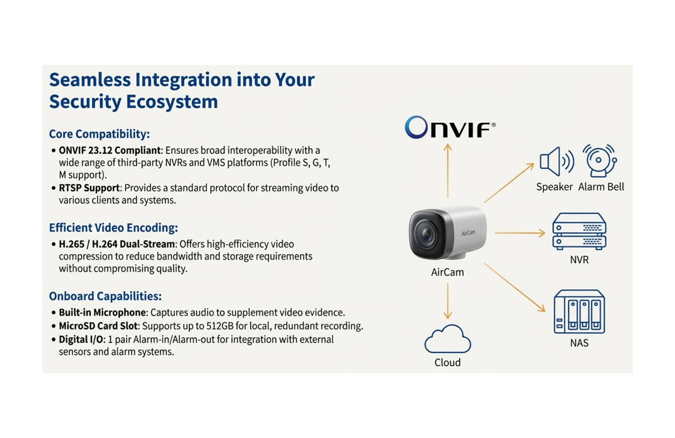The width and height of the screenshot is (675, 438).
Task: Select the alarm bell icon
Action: [600, 160]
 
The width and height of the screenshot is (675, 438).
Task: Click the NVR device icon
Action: [579, 232]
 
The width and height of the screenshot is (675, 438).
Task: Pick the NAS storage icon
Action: [579, 311]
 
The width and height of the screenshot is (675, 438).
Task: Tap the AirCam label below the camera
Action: [447, 272]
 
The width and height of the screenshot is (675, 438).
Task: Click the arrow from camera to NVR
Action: [519, 233]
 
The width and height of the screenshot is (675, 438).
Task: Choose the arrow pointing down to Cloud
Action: [448, 301]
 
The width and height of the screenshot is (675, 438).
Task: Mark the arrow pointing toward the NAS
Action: [514, 288]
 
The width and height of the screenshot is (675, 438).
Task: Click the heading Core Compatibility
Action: [99, 134]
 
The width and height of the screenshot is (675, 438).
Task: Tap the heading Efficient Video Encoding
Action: [113, 228]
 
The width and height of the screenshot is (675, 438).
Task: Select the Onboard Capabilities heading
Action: [105, 296]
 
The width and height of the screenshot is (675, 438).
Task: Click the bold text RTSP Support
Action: [89, 188]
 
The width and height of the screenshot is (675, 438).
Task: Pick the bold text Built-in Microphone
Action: [102, 313]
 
